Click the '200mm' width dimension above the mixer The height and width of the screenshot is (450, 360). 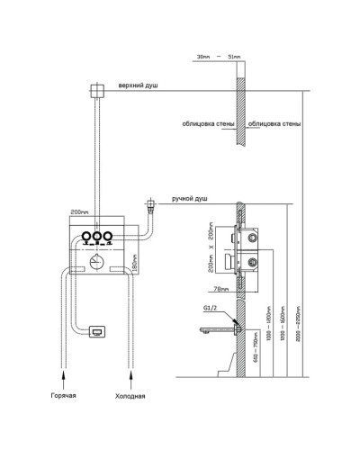tap(82, 215)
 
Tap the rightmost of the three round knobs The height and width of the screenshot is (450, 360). tap(106, 238)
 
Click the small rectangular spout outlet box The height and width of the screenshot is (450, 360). tap(96, 334)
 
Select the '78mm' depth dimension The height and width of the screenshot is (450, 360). tap(221, 289)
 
